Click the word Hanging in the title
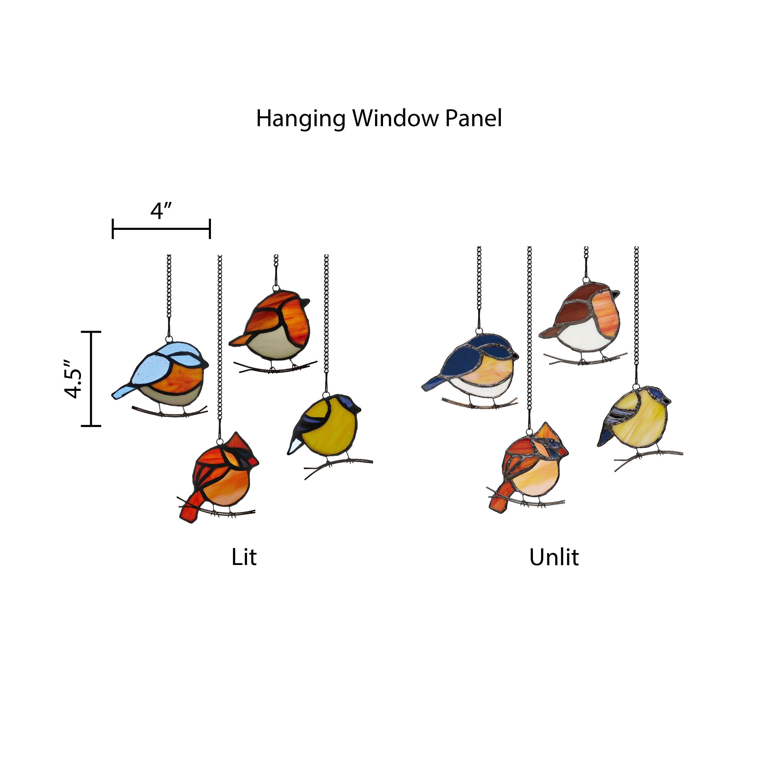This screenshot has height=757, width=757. [301, 119]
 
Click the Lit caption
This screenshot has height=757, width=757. [244, 557]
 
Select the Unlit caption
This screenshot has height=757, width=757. [554, 557]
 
